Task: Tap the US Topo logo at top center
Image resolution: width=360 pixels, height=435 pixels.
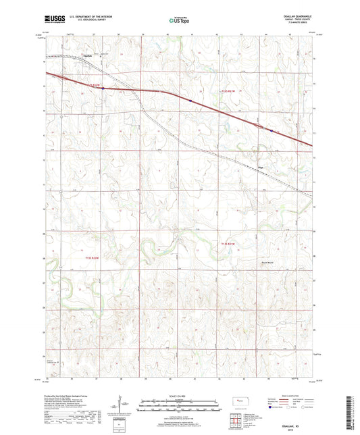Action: pos(179,21)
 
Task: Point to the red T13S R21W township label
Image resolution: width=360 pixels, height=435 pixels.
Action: pos(227,243)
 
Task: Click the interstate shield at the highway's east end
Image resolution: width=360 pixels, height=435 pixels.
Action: pos(271,130)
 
